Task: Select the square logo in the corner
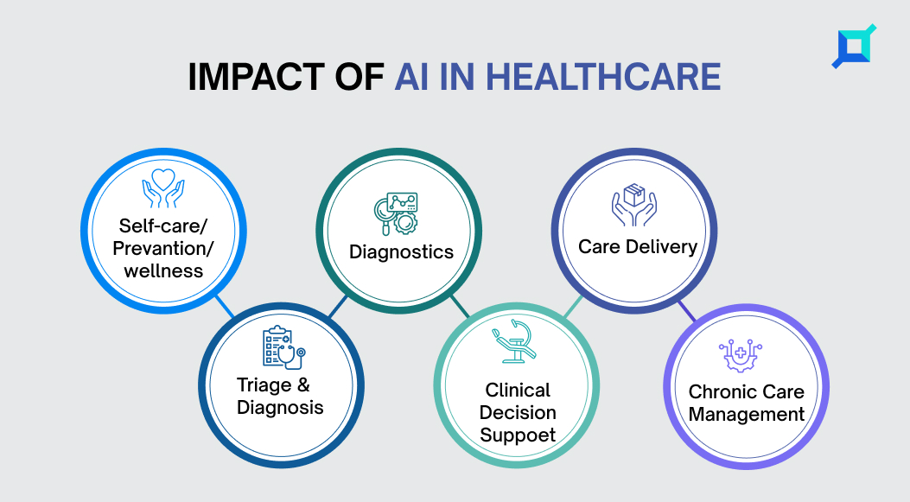(854, 47)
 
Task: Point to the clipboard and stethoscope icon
(283, 347)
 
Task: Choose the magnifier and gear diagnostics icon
(396, 214)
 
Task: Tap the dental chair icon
(514, 341)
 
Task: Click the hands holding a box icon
(633, 205)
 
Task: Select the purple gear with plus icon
(741, 355)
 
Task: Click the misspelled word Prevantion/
(163, 248)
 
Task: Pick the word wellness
(163, 271)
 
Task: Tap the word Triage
(264, 386)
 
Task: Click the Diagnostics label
(401, 252)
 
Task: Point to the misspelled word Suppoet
(518, 435)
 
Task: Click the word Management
(747, 415)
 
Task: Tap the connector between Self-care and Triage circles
(226, 307)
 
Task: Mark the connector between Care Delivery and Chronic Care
(686, 311)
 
